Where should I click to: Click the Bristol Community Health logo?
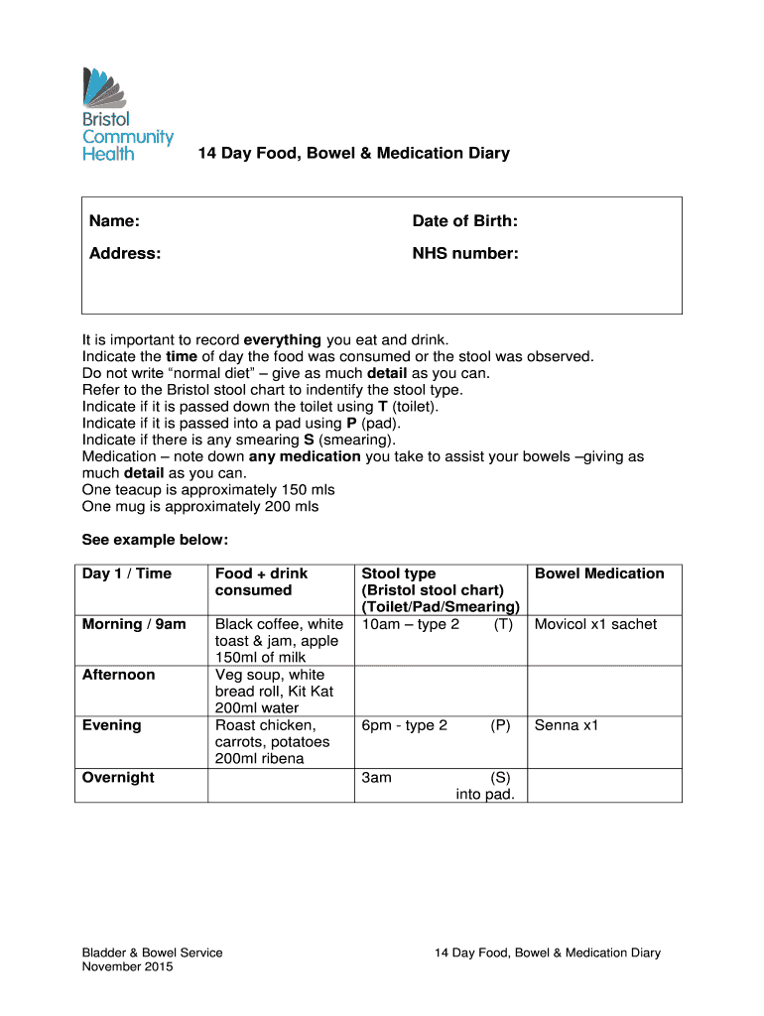click(x=126, y=113)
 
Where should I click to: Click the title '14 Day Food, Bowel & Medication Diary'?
click(x=353, y=153)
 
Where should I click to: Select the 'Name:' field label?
click(x=114, y=220)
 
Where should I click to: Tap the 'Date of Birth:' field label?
click(x=464, y=220)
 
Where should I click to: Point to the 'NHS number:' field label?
click(x=465, y=253)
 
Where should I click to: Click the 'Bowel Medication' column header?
click(x=599, y=573)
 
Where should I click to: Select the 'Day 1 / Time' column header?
click(x=127, y=573)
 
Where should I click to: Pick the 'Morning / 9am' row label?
click(x=134, y=624)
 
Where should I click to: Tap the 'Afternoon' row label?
click(x=119, y=675)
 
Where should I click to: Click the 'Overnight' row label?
click(x=118, y=777)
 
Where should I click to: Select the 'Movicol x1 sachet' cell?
click(x=595, y=624)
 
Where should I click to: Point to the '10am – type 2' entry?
click(x=411, y=624)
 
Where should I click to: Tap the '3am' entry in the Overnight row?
click(x=377, y=777)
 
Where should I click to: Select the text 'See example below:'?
click(x=155, y=540)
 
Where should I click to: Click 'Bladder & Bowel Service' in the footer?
click(x=152, y=952)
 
